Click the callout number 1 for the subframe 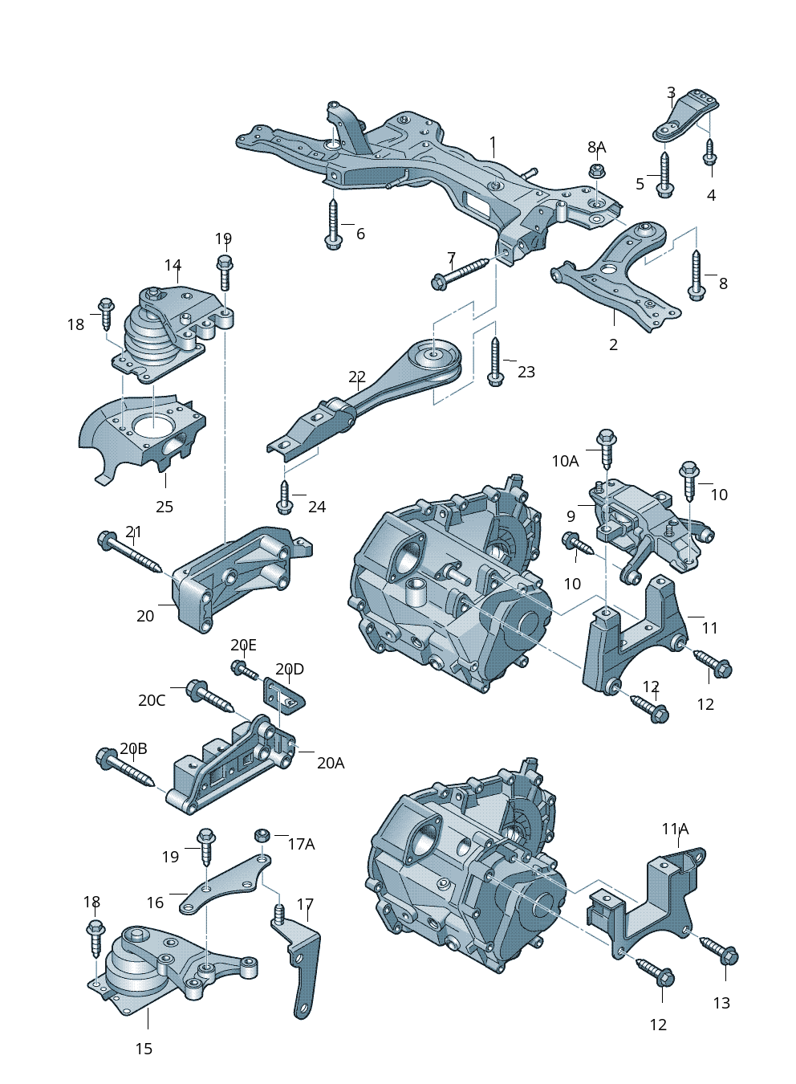click(x=493, y=145)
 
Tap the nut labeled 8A click(x=595, y=171)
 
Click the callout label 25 click(x=164, y=507)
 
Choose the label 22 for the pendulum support click(x=357, y=377)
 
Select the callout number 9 click(x=571, y=516)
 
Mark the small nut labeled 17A click(x=261, y=835)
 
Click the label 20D click(x=290, y=669)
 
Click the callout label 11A click(x=675, y=829)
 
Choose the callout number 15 click(x=144, y=1049)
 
